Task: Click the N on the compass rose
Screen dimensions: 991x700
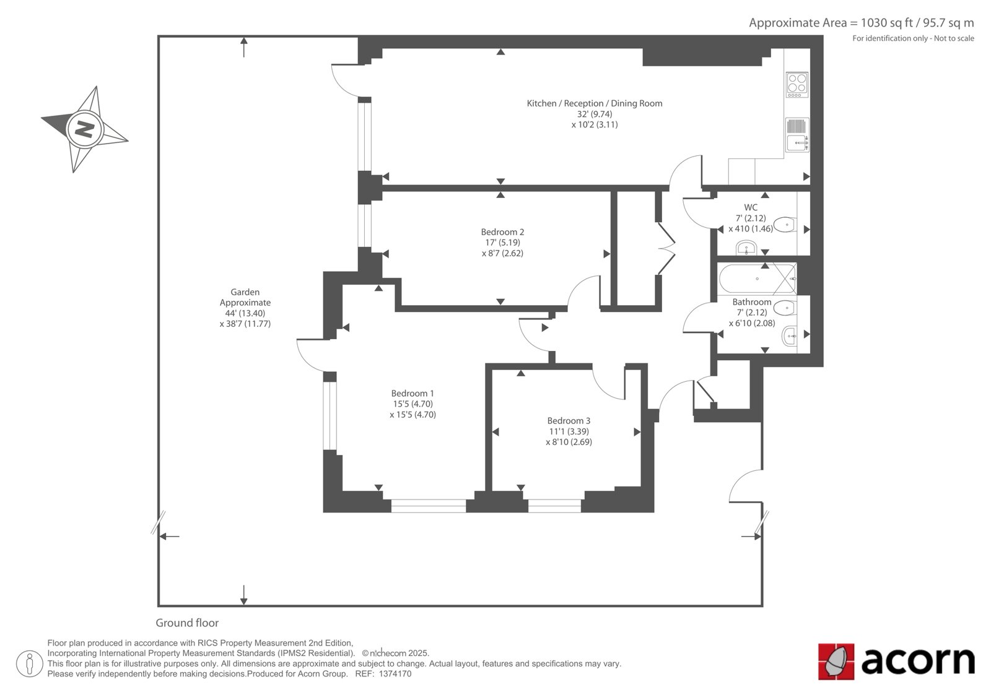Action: (84, 129)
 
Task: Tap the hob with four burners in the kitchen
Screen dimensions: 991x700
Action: (797, 84)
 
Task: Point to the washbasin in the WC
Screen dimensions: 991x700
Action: (747, 248)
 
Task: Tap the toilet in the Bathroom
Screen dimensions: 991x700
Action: (785, 308)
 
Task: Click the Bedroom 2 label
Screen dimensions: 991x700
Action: (502, 231)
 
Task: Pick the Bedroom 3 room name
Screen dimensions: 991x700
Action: (569, 420)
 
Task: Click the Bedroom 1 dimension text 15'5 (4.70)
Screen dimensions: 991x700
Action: (413, 404)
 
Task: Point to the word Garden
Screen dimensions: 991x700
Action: (245, 292)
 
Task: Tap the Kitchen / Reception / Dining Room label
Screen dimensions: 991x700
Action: (595, 103)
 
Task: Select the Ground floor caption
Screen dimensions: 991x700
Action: (187, 623)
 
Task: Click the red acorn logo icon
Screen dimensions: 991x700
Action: (836, 662)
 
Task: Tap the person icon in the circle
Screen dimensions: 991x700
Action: (30, 663)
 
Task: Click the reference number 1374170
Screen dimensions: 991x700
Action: (395, 674)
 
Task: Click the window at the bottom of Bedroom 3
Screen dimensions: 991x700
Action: (554, 506)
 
